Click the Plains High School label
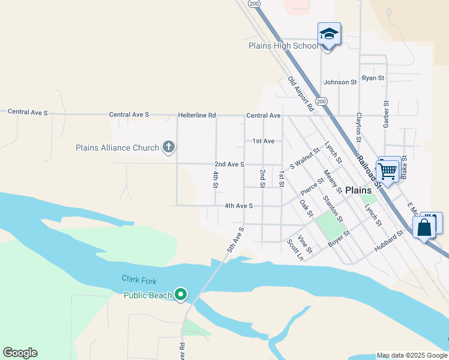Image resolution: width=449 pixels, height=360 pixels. pyautogui.click(x=283, y=46)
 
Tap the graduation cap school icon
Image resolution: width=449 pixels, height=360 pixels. pyautogui.click(x=329, y=34)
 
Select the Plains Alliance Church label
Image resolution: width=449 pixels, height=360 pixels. pyautogui.click(x=117, y=148)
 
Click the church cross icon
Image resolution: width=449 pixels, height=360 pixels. pyautogui.click(x=169, y=147)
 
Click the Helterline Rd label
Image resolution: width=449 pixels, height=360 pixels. pyautogui.click(x=196, y=115)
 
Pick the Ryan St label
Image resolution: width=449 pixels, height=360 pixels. pyautogui.click(x=373, y=79)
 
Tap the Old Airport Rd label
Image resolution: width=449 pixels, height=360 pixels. pyautogui.click(x=301, y=94)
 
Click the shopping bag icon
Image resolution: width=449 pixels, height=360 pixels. pyautogui.click(x=424, y=227)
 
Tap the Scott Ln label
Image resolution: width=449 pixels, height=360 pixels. pyautogui.click(x=294, y=250)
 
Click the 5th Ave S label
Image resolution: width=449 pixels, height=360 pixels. pyautogui.click(x=235, y=239)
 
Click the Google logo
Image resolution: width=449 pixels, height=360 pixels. pyautogui.click(x=20, y=353)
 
